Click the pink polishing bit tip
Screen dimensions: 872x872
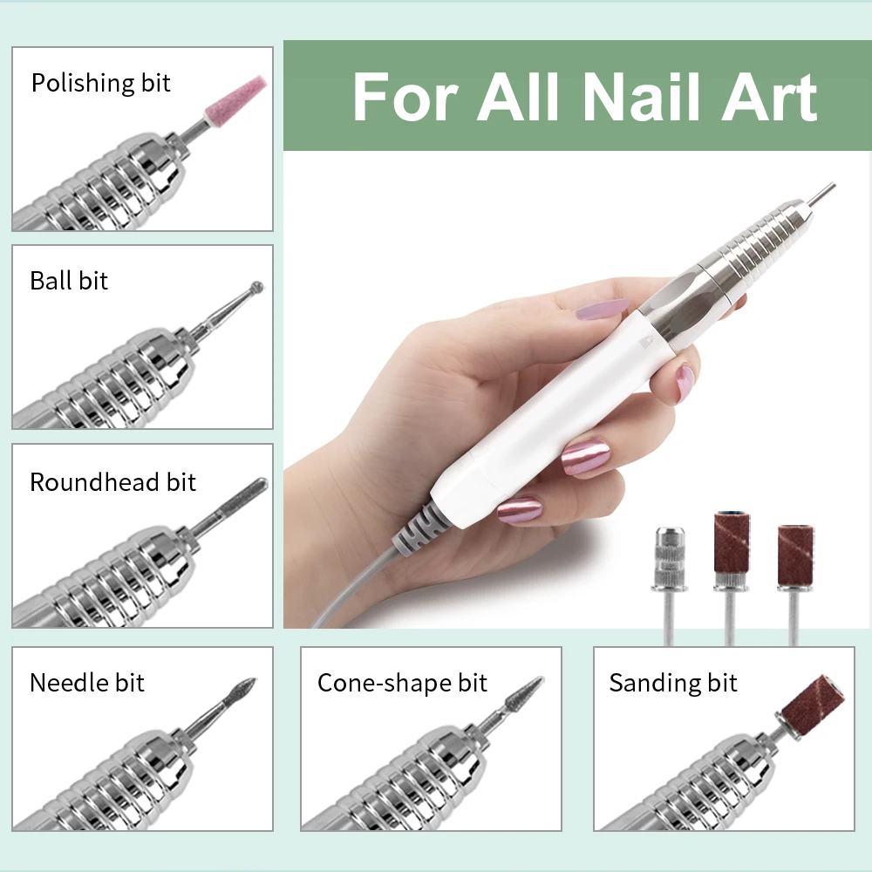236,99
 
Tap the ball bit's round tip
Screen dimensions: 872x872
256,288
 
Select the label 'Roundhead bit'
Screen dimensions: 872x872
112,482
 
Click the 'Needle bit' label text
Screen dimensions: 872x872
86,683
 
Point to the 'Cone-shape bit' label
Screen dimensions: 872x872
402,684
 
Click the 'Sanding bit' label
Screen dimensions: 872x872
673,684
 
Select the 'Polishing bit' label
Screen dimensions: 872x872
100,84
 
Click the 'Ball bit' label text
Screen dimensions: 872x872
69,281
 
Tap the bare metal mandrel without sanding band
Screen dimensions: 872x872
670,584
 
